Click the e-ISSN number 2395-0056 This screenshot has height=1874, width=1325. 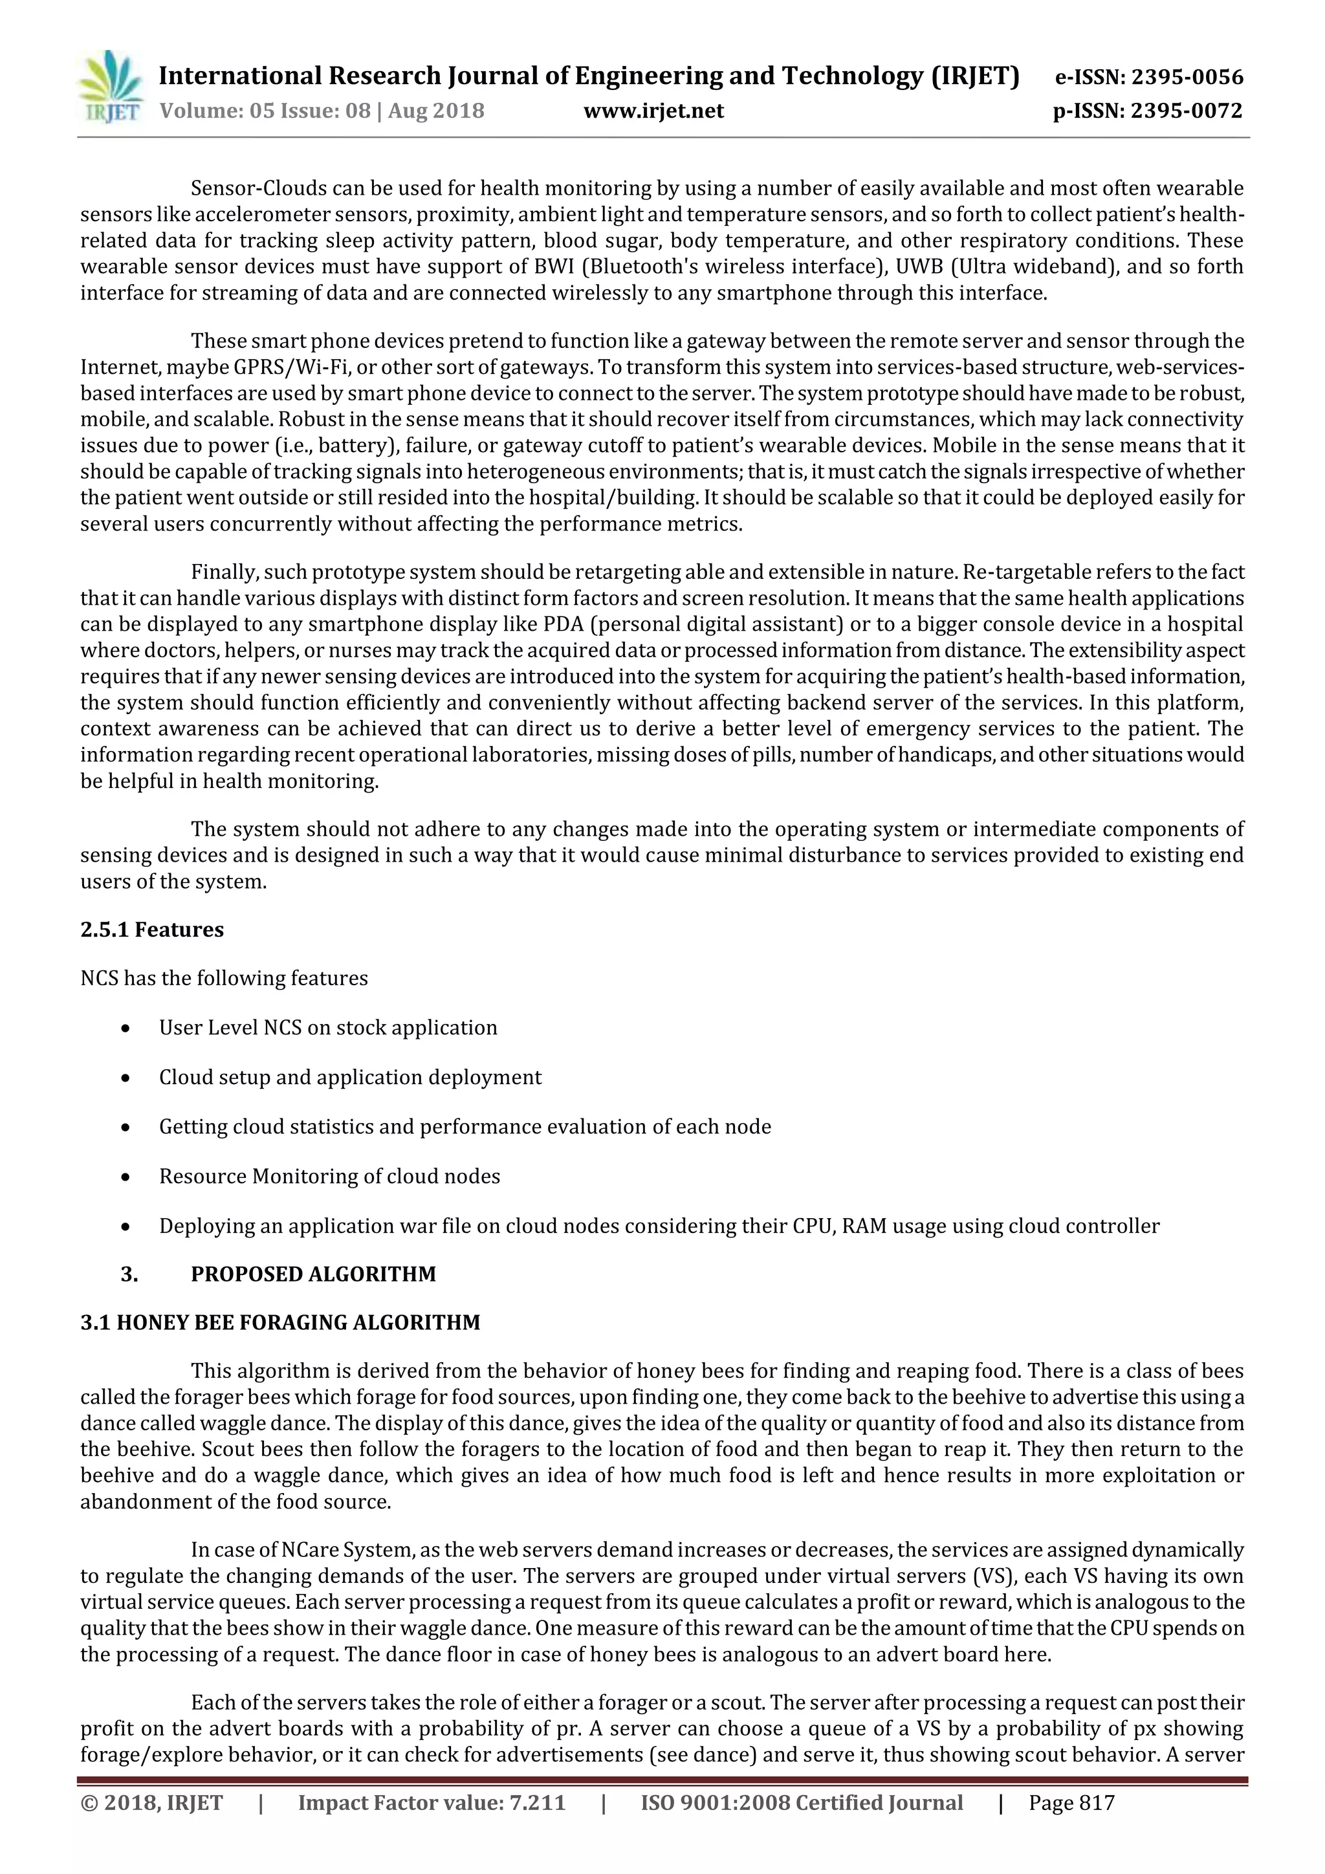click(x=1186, y=78)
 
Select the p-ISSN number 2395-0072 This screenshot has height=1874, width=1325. click(x=1185, y=111)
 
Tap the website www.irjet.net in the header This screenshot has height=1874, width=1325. click(x=653, y=111)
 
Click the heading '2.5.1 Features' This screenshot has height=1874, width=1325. click(x=152, y=930)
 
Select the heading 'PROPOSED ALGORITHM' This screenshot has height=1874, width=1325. click(x=314, y=1274)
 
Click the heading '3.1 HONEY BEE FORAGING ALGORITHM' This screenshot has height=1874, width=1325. click(x=280, y=1322)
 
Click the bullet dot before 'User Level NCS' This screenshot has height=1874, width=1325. click(x=125, y=1029)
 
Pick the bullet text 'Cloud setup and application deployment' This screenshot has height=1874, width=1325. click(x=350, y=1078)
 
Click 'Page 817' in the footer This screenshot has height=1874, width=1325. click(x=1071, y=1802)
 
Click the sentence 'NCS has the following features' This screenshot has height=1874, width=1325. click(x=224, y=978)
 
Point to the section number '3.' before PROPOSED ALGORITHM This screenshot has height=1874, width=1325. click(x=129, y=1274)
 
